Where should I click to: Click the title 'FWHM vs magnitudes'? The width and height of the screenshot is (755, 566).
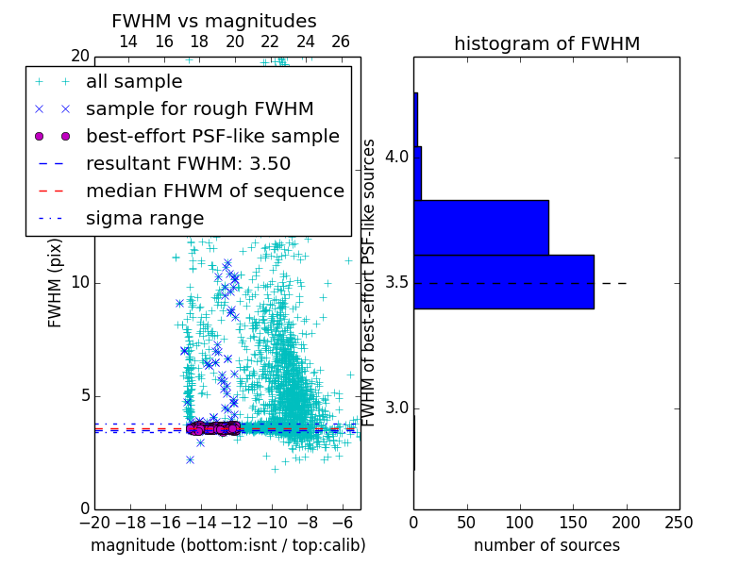[x=214, y=21]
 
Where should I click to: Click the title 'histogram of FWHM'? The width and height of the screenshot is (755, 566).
[x=546, y=43]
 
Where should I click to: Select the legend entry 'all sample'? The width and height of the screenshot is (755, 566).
[x=134, y=82]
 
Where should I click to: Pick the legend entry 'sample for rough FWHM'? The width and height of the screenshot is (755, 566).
[x=199, y=109]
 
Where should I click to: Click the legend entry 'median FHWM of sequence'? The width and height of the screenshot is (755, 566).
[x=214, y=191]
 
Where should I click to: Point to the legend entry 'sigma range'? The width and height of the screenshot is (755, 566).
[x=144, y=219]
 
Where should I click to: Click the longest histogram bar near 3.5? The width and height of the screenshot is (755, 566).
[x=504, y=281]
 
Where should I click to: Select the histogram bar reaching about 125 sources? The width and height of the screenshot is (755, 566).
[x=481, y=227]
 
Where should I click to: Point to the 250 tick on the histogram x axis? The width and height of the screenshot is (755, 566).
[x=679, y=523]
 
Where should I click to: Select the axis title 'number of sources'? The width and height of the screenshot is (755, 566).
[x=546, y=545]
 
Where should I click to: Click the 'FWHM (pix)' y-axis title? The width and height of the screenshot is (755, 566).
[x=56, y=283]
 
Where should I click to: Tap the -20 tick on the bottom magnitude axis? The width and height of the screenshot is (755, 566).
[x=94, y=523]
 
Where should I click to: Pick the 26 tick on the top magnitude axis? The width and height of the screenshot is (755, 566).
[x=341, y=42]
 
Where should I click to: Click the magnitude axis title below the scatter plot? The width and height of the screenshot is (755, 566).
[x=227, y=545]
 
